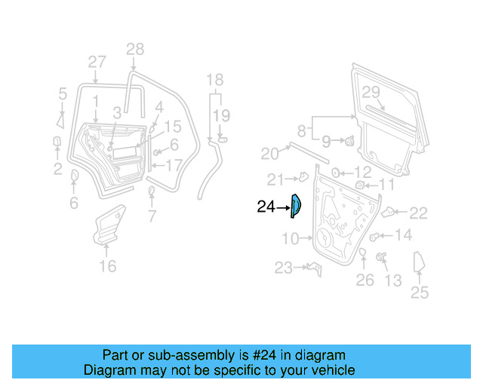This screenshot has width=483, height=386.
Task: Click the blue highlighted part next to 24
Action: point(296,205)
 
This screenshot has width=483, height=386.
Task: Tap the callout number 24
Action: point(266,206)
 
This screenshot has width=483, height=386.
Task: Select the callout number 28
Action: point(134,50)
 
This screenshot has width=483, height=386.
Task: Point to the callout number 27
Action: point(97,62)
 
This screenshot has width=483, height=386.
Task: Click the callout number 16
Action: point(108,266)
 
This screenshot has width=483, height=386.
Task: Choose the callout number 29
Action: point(370,92)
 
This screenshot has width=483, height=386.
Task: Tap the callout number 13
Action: point(393,281)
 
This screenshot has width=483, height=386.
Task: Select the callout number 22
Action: point(418,213)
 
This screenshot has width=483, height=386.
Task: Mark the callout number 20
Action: point(269,154)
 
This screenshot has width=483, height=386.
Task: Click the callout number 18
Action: point(215,80)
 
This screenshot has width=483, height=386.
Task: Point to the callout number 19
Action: point(220,115)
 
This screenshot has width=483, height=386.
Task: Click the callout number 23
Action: point(283,268)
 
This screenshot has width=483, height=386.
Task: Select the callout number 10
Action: point(291,240)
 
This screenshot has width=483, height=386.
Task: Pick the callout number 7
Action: point(152,218)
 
